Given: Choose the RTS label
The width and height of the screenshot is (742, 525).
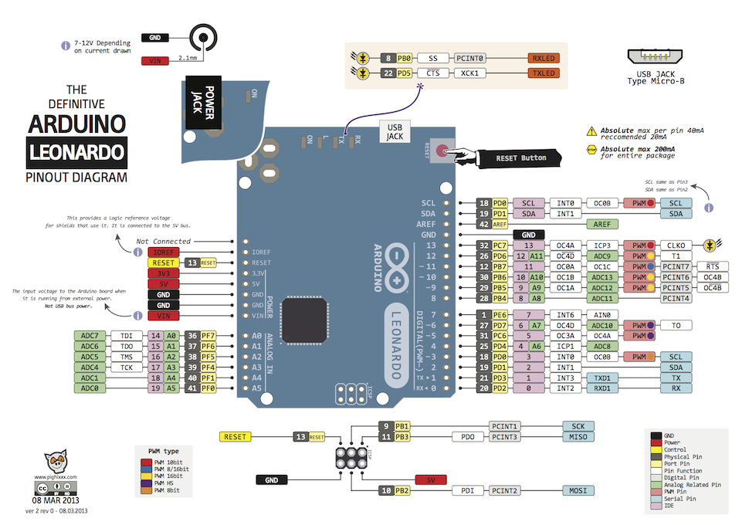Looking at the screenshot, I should [711, 266].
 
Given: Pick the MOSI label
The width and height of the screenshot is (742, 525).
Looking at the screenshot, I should [578, 490].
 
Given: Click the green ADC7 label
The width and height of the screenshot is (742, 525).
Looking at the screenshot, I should [90, 336].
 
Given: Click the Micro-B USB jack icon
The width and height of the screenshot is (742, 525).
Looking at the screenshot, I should [656, 58].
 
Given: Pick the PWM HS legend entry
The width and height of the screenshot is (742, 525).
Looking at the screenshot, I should [163, 483].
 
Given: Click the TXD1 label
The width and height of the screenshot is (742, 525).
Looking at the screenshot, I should [604, 378].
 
